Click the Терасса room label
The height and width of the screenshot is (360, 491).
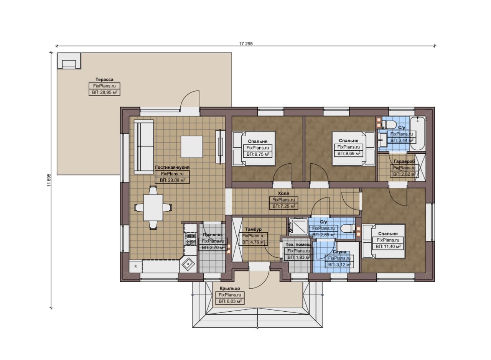(x=104, y=79)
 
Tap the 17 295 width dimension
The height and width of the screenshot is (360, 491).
(x=246, y=44)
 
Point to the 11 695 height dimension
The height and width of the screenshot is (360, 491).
(x=49, y=180)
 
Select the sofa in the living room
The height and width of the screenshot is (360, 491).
(x=144, y=146)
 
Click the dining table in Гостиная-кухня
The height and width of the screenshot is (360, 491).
(x=153, y=207)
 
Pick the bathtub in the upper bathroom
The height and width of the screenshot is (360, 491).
(x=418, y=133)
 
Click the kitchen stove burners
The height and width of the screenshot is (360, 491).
(x=190, y=239)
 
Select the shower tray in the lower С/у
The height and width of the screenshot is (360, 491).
(x=298, y=228)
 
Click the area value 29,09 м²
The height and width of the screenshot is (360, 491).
(x=172, y=180)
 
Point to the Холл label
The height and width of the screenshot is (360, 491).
(x=283, y=194)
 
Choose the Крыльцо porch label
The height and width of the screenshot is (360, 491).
(x=230, y=288)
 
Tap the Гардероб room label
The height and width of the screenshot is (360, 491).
(x=404, y=161)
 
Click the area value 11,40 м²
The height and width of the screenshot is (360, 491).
(x=388, y=247)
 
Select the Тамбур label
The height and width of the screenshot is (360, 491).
(x=253, y=229)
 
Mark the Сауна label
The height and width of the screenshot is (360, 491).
(x=339, y=252)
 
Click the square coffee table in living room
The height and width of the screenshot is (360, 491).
(x=191, y=146)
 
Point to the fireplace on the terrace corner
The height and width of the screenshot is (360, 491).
(x=69, y=61)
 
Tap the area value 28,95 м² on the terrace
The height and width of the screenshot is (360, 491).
(x=105, y=92)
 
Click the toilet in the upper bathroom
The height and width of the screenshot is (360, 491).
(x=390, y=125)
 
